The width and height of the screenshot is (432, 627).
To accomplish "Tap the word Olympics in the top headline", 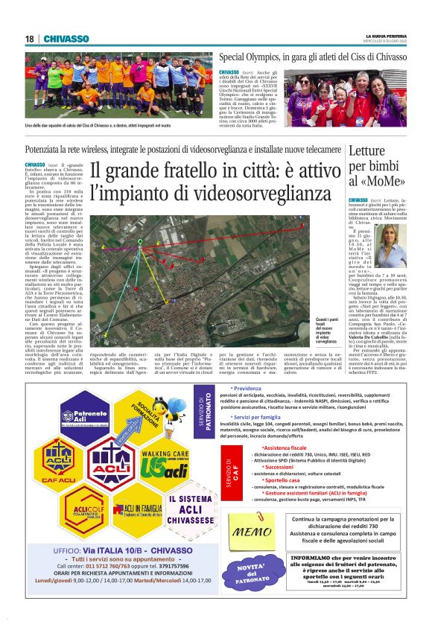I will pyautogui.click(x=270, y=56).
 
